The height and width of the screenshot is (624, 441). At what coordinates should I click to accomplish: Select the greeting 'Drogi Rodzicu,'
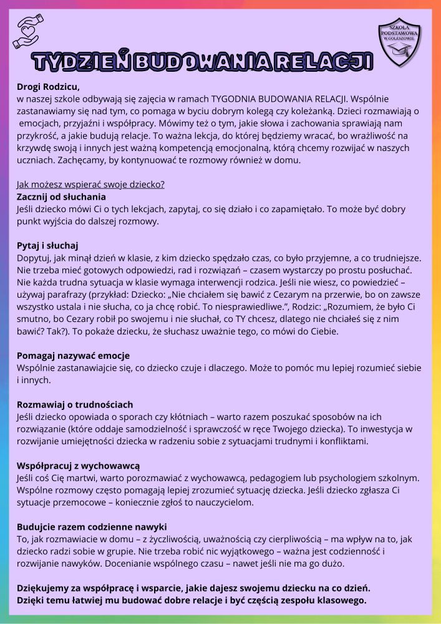tap(48, 87)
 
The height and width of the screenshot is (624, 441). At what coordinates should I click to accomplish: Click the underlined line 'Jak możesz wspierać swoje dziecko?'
tap(90, 185)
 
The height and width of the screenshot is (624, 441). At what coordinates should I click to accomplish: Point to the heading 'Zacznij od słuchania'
tap(61, 197)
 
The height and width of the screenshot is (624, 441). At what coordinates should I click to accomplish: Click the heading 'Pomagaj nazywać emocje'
tap(73, 356)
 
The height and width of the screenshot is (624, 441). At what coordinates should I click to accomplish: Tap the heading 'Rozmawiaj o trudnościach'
tap(75, 404)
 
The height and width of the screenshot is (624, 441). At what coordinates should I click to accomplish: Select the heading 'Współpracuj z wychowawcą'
tap(78, 466)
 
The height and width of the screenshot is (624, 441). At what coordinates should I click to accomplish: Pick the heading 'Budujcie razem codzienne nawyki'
tap(92, 526)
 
